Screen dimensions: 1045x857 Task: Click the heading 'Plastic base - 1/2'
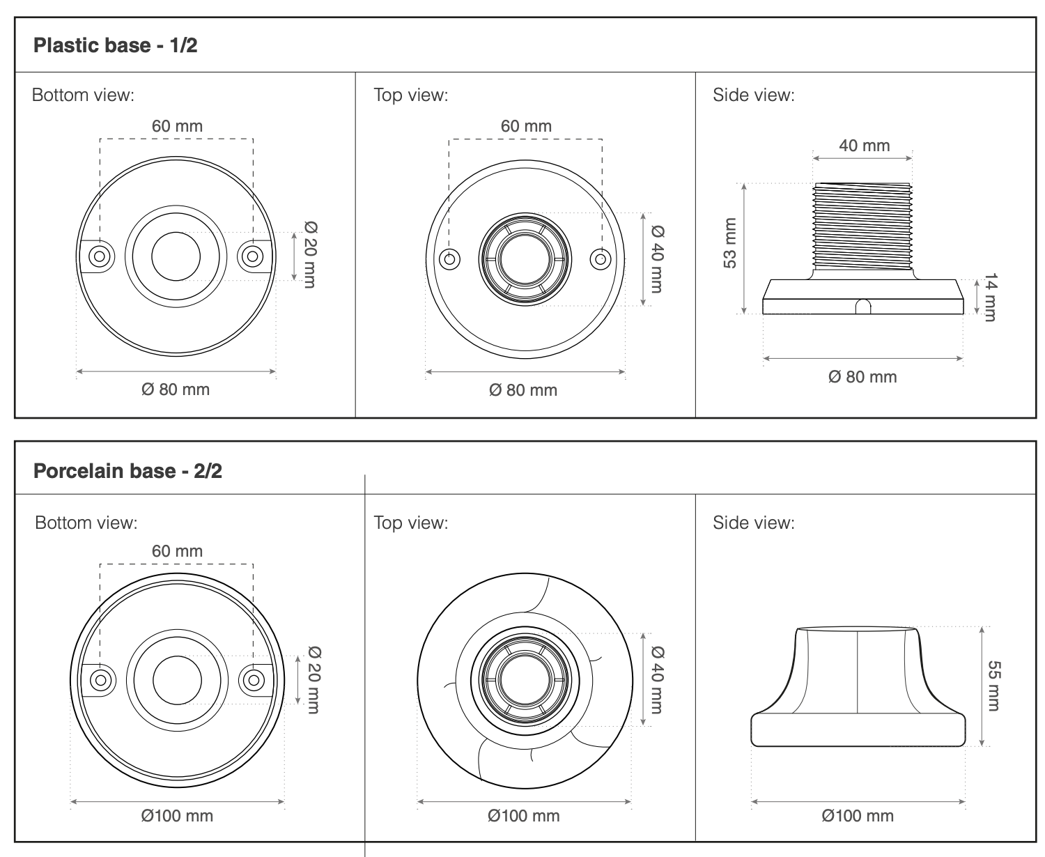116,45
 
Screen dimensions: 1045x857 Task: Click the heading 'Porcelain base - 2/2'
127,471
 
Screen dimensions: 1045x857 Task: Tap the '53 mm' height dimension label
730,243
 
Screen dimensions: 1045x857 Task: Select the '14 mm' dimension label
990,297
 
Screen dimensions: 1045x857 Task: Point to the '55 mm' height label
994,686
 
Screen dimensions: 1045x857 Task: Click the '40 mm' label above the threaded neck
864,146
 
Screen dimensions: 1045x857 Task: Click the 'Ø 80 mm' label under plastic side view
862,377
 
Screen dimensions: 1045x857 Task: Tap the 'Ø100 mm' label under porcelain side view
857,816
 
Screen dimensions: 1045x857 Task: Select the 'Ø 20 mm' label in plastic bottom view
310,254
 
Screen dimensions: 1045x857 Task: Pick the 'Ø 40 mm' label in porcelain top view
657,679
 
